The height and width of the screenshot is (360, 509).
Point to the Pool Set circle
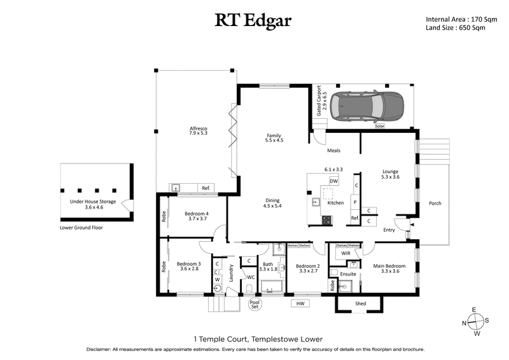[255, 304]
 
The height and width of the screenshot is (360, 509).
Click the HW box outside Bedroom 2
[300, 304]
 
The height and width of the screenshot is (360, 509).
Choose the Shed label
[360, 304]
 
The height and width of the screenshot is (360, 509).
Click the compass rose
[474, 321]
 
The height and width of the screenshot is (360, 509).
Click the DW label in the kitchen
[333, 181]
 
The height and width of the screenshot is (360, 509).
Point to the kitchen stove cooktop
[327, 221]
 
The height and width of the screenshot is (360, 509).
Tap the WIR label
[345, 253]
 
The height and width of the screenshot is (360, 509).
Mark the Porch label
[435, 204]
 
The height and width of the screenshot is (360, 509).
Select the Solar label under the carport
[380, 127]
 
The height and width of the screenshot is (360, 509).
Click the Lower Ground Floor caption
[81, 227]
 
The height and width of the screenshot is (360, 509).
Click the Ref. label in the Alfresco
[206, 188]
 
